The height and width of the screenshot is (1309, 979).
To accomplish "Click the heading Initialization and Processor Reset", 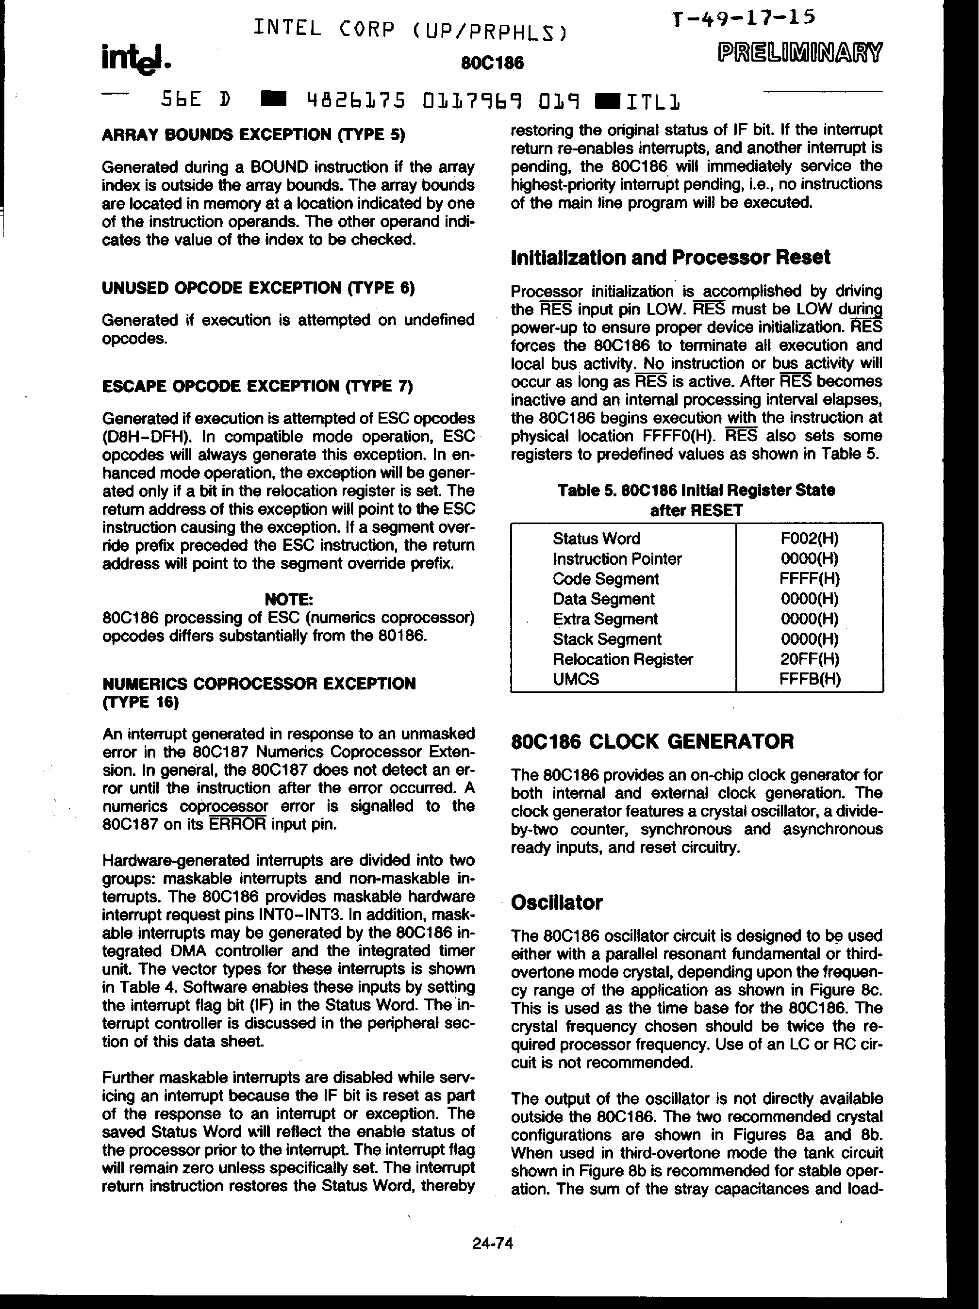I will pos(670,258).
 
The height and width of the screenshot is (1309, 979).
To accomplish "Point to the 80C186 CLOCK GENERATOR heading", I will pos(652,741).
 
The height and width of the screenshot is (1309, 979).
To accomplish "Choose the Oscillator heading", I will pos(556,902).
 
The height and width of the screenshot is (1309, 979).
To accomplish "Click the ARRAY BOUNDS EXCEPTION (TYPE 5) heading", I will pos(253,135).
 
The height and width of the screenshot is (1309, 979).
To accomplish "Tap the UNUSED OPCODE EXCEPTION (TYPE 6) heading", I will pos(258,288).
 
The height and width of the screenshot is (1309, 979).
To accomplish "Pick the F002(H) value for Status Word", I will pos(809,539).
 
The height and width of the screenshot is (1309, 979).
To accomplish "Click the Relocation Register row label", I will pos(623,659).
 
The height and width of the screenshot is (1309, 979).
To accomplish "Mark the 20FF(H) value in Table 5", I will pos(809,659).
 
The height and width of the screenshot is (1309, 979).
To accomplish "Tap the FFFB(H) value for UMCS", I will pos(809,679).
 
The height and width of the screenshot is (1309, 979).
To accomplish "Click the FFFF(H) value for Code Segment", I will pos(809,579).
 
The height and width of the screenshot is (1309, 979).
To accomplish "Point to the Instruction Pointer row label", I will pos(617,558).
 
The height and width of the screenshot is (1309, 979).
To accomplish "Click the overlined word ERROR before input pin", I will pos(238,824).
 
